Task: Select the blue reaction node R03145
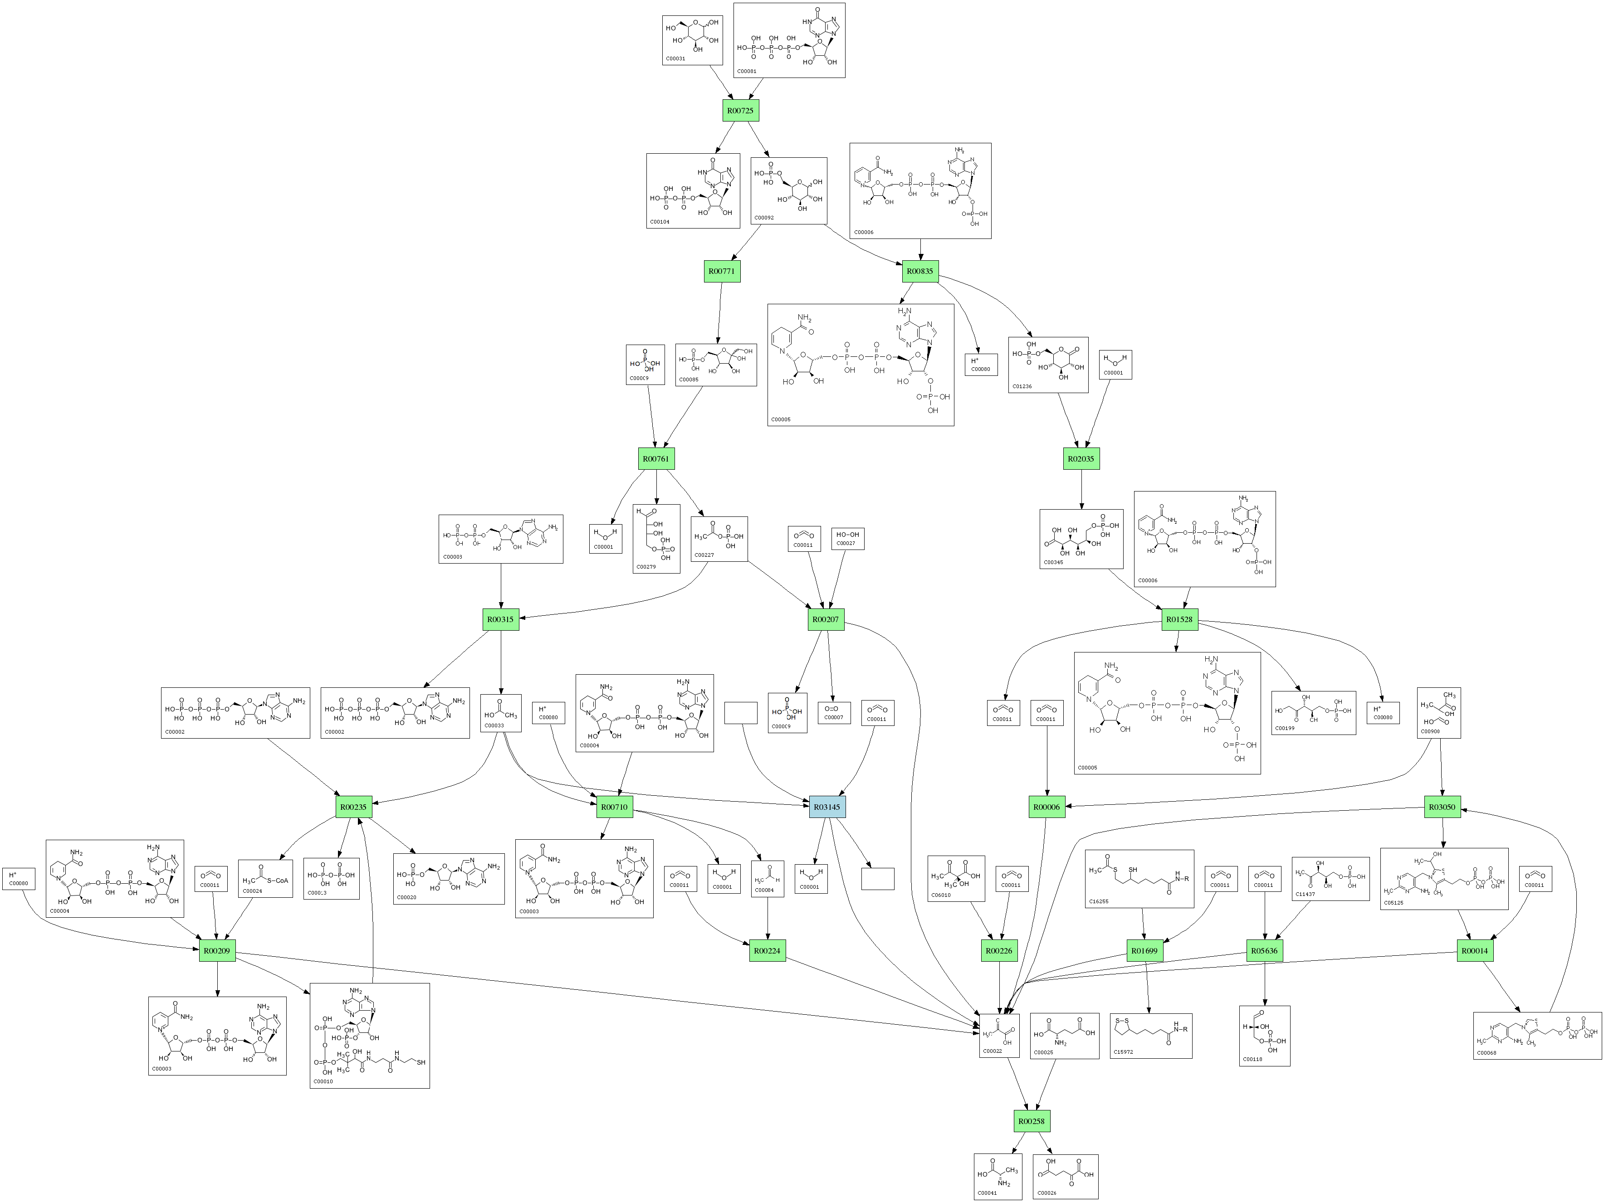(826, 807)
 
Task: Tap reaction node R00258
(1031, 1121)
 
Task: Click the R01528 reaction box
(1179, 619)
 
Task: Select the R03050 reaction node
(1442, 807)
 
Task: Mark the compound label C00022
(992, 1051)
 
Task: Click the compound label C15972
(1123, 1051)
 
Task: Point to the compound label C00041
(987, 1192)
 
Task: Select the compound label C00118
(1252, 1059)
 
